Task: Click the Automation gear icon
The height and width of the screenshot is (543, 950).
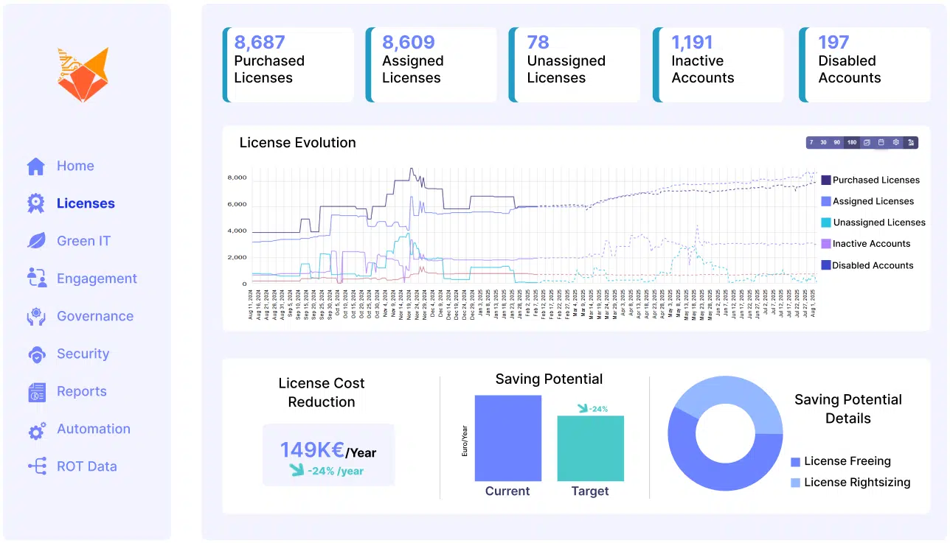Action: point(37,430)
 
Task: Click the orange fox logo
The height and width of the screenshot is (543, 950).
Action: point(83,74)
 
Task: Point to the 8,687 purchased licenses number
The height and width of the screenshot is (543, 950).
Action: point(260,43)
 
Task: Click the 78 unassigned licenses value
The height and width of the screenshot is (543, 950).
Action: point(538,43)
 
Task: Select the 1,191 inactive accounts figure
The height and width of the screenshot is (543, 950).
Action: point(693,43)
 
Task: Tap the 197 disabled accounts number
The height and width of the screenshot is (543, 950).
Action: point(833,43)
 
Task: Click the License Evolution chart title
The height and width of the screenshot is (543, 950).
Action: point(297,143)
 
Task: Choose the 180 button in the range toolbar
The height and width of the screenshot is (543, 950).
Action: point(852,143)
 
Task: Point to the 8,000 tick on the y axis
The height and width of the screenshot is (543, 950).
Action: point(237,178)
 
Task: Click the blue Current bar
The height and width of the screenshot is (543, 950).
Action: point(507,438)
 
